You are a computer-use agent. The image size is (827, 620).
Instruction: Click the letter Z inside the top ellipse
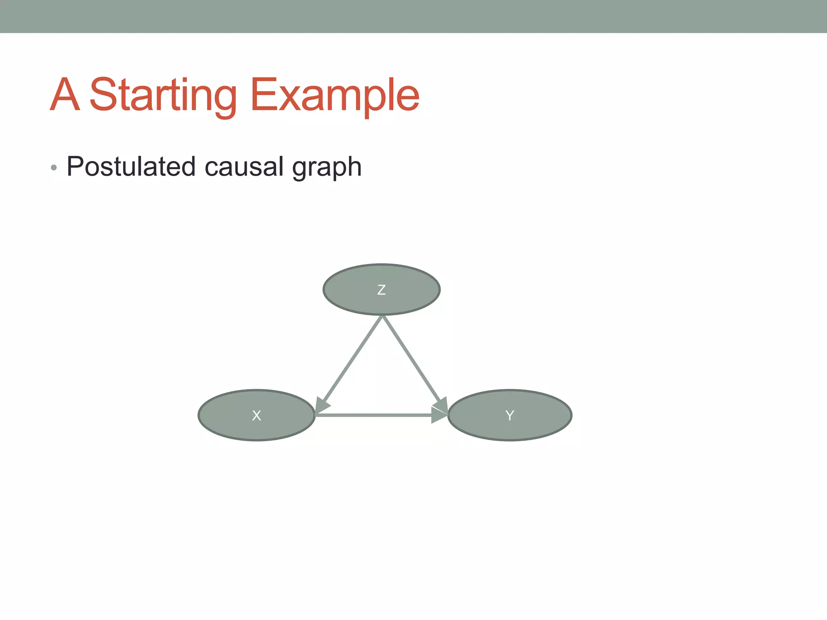pos(381,290)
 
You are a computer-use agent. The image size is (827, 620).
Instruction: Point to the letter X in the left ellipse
pos(256,415)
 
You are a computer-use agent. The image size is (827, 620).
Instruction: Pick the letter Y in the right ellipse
pos(510,415)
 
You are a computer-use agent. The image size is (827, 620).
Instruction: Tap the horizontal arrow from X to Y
pos(372,415)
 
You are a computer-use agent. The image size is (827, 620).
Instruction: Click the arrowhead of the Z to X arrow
pos(322,405)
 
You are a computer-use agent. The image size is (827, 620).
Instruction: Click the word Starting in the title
pos(163,96)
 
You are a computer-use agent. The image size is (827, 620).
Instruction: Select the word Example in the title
pos(335,96)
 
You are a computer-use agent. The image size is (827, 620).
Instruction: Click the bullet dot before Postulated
pos(54,168)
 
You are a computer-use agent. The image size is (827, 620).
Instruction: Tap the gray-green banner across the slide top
pos(413,16)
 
